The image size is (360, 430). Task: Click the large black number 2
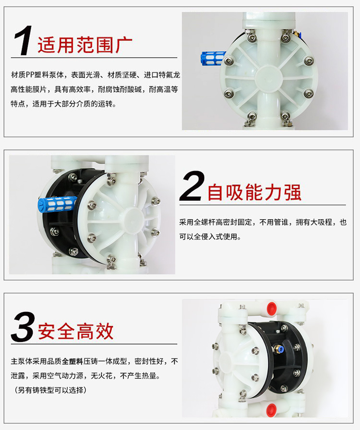(x=192, y=186)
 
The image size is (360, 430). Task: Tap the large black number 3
(x=23, y=327)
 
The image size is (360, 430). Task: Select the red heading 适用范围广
(x=85, y=45)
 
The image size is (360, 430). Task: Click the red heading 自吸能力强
(x=255, y=192)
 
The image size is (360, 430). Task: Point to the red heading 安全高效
(x=76, y=332)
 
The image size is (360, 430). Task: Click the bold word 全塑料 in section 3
(x=72, y=361)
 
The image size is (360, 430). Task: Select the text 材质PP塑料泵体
(x=37, y=75)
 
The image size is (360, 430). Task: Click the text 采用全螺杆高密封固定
(x=216, y=222)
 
